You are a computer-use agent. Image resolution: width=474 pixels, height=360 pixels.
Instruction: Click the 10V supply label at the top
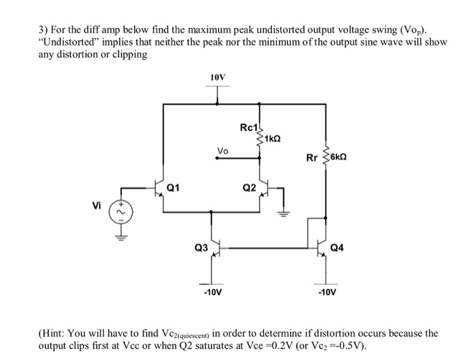coord(217,78)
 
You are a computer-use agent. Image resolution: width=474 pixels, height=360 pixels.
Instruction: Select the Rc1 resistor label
coord(248,127)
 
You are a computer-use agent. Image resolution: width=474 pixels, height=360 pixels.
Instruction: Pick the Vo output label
coord(222,150)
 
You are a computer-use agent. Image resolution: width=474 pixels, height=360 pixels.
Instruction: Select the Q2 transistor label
coord(248,187)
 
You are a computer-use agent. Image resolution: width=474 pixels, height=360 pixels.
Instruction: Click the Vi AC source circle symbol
coord(123,212)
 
